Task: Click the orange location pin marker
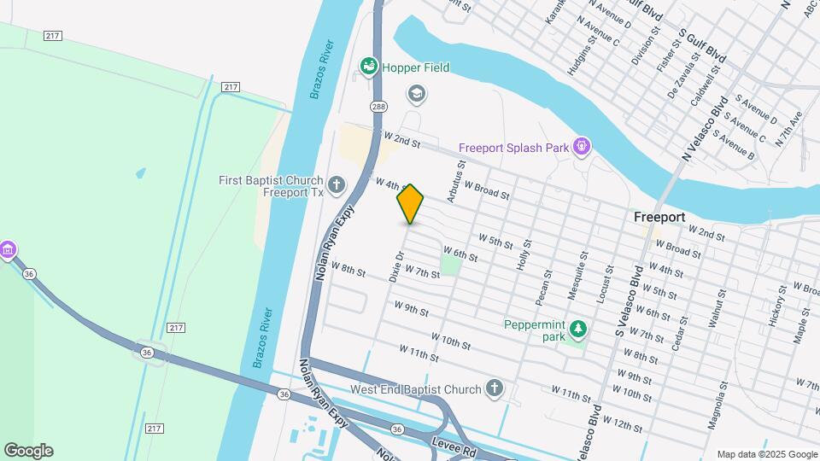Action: (x=410, y=204)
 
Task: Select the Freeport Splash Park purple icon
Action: (x=582, y=148)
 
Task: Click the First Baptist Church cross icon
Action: (x=337, y=184)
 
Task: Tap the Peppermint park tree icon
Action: (x=578, y=329)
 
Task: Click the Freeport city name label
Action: (x=659, y=218)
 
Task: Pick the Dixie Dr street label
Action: (x=396, y=266)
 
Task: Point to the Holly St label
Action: (x=524, y=255)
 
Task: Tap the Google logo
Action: (x=28, y=450)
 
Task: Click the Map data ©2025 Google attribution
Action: (x=767, y=454)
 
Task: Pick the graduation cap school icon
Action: (x=416, y=93)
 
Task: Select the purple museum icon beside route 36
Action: (x=8, y=249)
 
